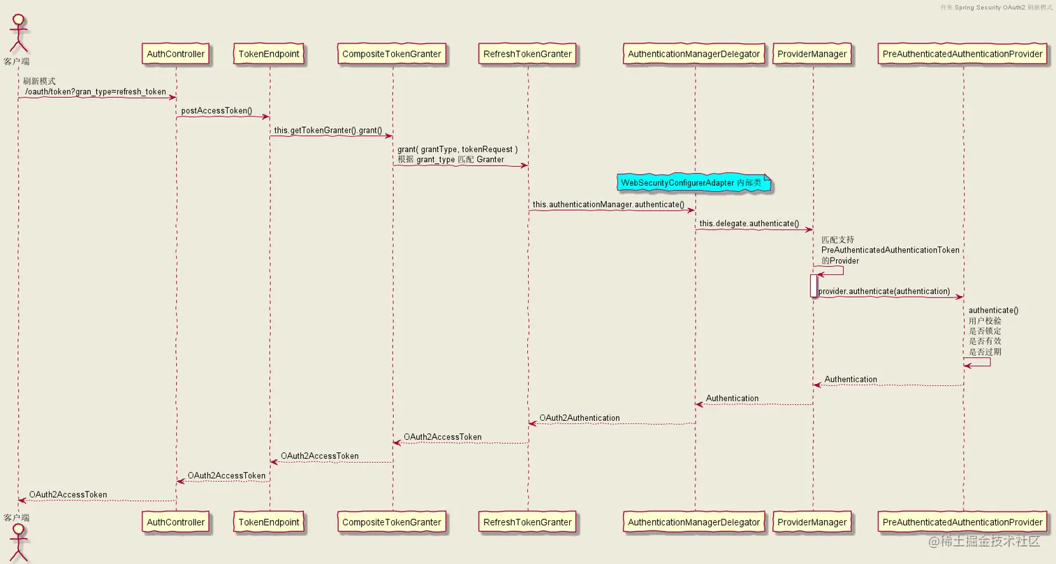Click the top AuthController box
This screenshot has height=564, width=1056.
(175, 54)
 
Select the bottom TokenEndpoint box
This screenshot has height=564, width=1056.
(269, 521)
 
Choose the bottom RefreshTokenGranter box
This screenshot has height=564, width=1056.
(527, 521)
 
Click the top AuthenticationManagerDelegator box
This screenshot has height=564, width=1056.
(694, 54)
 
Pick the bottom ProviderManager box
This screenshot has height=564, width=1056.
(812, 521)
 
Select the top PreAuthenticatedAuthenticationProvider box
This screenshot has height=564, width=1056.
(962, 54)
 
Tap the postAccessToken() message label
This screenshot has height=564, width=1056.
(217, 111)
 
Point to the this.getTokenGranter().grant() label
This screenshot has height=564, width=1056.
(328, 130)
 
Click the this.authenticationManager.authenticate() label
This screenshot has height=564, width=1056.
(608, 205)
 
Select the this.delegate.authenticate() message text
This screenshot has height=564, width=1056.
(749, 223)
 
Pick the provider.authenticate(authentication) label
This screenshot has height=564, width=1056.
(883, 291)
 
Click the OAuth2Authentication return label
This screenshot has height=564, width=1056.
(579, 417)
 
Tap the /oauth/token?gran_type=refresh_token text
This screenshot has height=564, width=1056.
(96, 91)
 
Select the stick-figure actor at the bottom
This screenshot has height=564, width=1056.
(18, 542)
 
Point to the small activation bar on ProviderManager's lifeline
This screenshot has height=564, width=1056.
(813, 285)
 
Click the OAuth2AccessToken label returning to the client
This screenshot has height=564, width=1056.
(68, 494)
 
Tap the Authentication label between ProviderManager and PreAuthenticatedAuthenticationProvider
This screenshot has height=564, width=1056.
(851, 379)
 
